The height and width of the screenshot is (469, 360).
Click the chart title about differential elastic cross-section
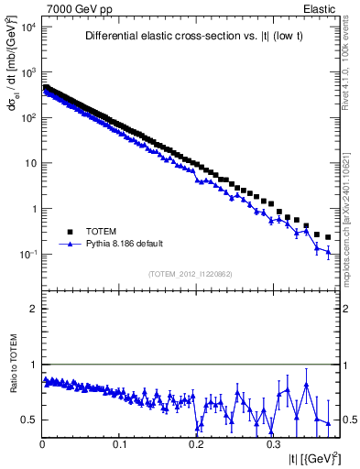pos(190,37)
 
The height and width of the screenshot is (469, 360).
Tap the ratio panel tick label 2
pos(33,309)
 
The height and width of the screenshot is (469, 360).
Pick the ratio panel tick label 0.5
pos(29,420)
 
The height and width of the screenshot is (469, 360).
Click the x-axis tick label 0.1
pos(119,443)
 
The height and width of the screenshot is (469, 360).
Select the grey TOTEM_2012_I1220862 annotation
pos(190,274)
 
